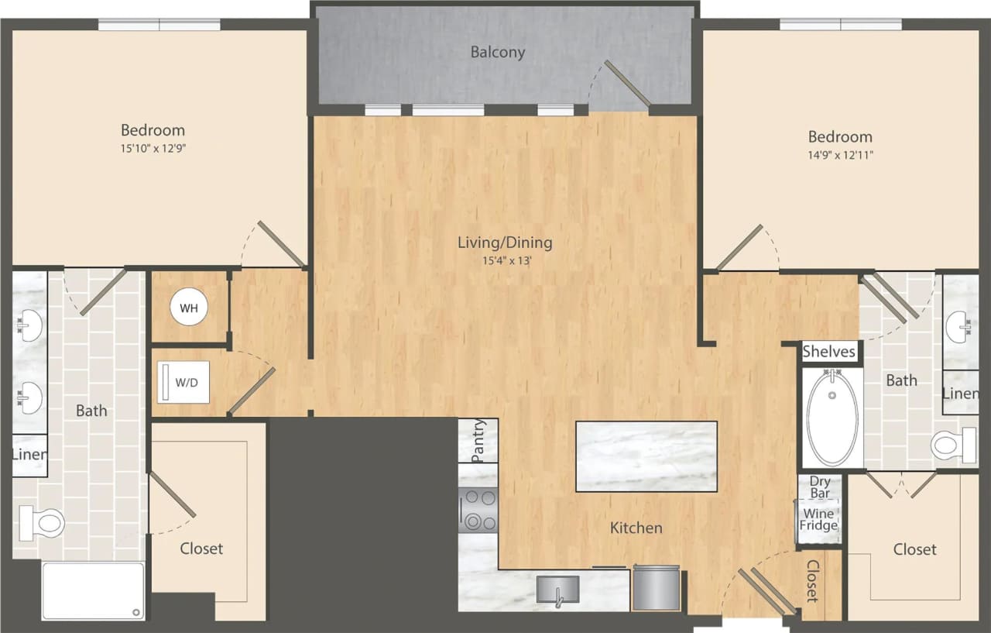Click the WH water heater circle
(x=189, y=308)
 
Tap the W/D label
(x=187, y=381)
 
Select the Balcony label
(x=498, y=52)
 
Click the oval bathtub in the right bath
(x=832, y=418)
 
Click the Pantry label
(x=478, y=440)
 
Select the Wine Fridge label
(x=818, y=519)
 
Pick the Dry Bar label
(x=820, y=487)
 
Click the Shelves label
(x=828, y=352)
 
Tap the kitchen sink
(x=557, y=592)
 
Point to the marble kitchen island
(x=646, y=456)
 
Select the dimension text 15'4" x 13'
(x=505, y=261)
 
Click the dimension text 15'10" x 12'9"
(x=153, y=148)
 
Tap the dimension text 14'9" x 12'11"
(x=840, y=155)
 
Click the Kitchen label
(x=636, y=528)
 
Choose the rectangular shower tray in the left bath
(x=93, y=590)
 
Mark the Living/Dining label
(x=505, y=243)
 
